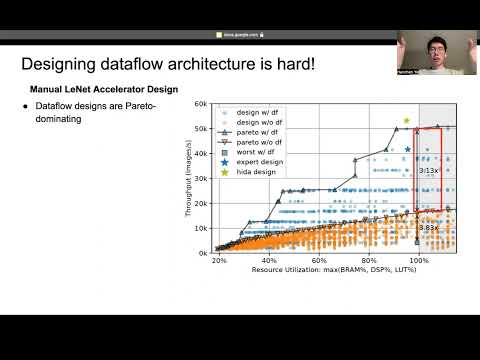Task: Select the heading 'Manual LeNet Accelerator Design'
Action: click(x=103, y=89)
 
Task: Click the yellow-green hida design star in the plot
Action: click(x=407, y=121)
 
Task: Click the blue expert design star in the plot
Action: click(x=407, y=149)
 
